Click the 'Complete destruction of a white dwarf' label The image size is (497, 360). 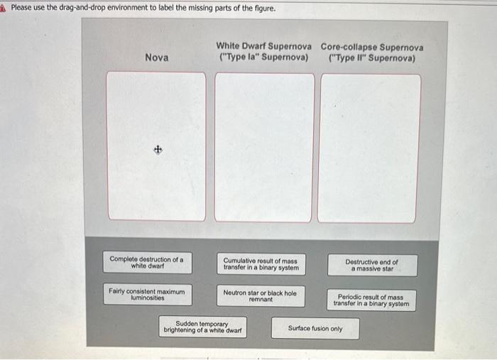pos(147,263)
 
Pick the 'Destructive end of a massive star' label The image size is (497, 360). pos(372,265)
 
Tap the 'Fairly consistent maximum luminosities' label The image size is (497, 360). pos(147,294)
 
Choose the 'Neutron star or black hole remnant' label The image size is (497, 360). pos(260,295)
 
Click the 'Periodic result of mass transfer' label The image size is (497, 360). pos(371,300)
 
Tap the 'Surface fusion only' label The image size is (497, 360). pos(315,329)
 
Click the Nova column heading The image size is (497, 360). pos(156,57)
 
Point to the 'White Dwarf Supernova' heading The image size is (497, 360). pos(263,45)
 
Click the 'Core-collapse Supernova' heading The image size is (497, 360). pos(372,48)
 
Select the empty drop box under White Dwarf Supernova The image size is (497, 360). pos(264,147)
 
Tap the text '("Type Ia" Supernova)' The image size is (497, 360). pos(263,57)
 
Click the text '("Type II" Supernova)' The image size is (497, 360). pos(372,58)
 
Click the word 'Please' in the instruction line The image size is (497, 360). pos(22,8)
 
